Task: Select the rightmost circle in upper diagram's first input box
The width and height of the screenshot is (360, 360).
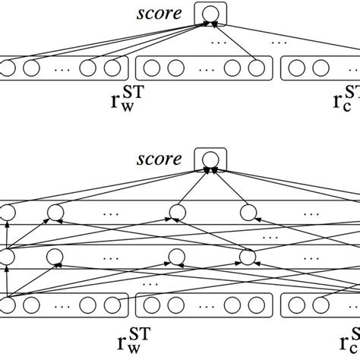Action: pyautogui.click(x=112, y=68)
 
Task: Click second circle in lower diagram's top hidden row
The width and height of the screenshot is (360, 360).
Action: pyautogui.click(x=55, y=212)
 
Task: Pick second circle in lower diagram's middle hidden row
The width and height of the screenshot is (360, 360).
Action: pyautogui.click(x=55, y=256)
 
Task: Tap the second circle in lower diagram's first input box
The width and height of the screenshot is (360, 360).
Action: pyautogui.click(x=31, y=305)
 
